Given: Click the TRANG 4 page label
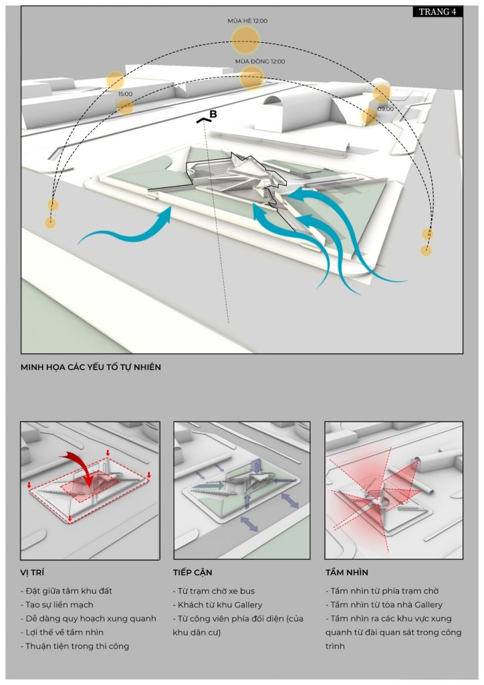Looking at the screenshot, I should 437,11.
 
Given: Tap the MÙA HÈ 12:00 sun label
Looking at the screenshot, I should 247,21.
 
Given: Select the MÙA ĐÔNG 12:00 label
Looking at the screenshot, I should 259,62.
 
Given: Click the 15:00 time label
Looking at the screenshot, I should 125,94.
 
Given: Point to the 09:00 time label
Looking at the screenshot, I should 385,108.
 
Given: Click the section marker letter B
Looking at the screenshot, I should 213,114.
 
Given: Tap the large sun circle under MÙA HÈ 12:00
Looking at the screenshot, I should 245,41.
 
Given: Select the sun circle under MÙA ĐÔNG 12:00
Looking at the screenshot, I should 252,78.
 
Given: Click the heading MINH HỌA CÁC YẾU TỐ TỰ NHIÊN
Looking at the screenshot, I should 91,367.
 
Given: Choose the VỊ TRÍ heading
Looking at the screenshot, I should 33,573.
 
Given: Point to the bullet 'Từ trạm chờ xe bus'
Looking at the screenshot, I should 215,591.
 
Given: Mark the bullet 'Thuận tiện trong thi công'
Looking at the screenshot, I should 76,646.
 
